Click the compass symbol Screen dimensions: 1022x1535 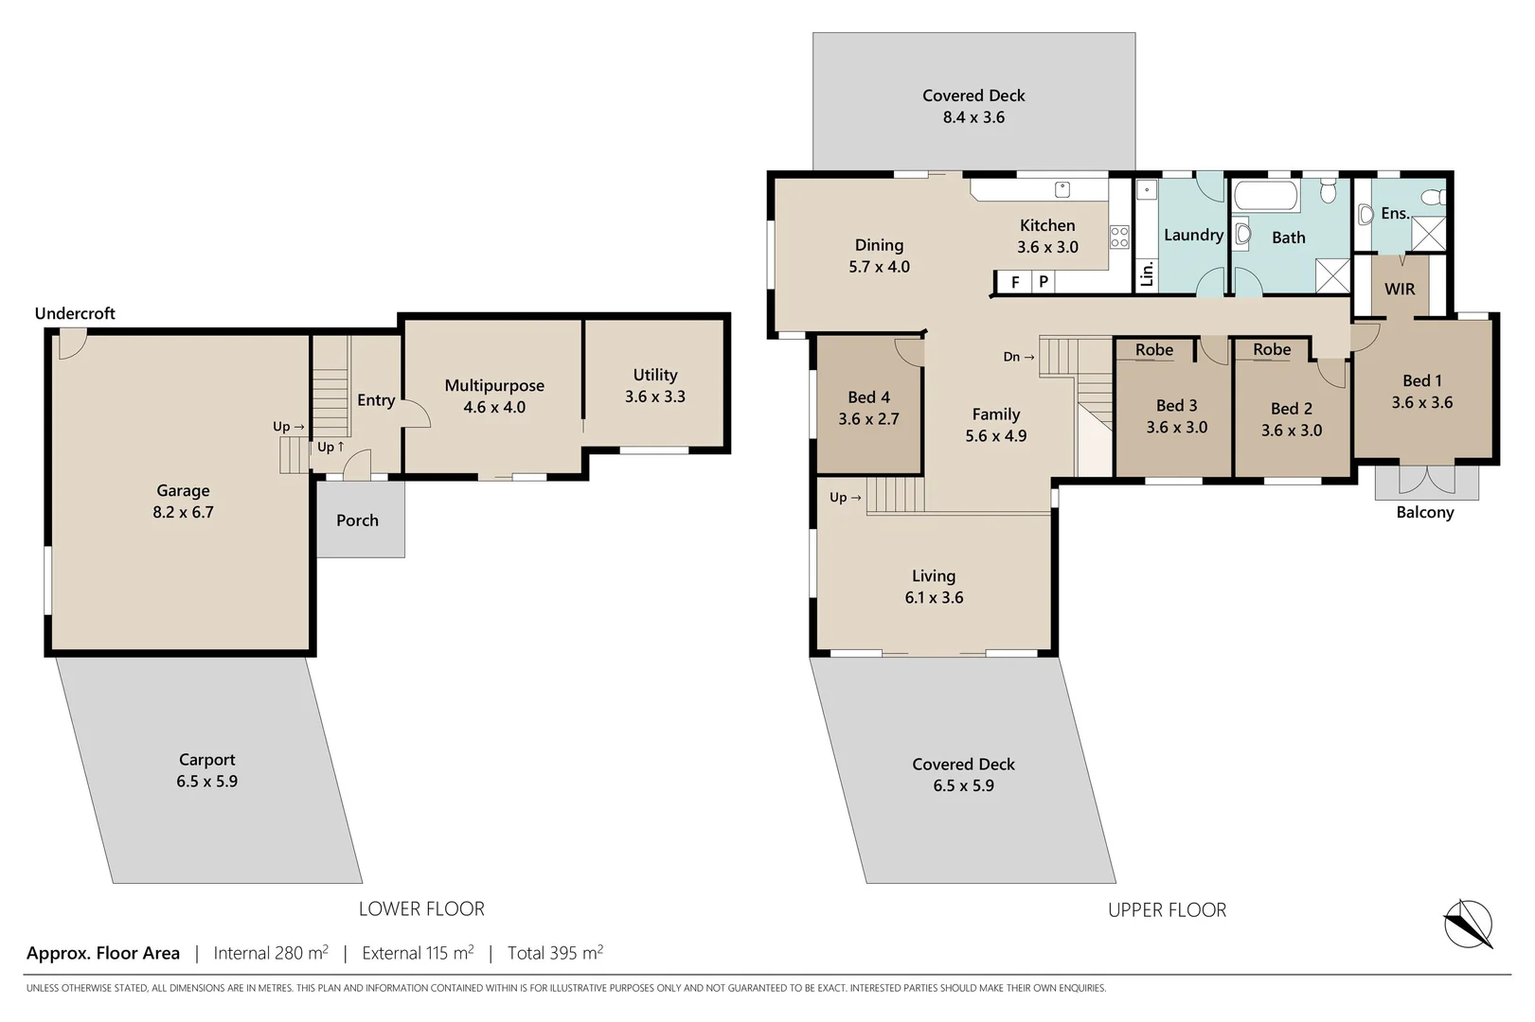click(x=1468, y=924)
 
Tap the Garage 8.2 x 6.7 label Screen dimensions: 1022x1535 click(x=183, y=502)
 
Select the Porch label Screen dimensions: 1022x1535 click(x=357, y=520)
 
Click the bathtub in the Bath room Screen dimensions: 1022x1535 click(x=1265, y=197)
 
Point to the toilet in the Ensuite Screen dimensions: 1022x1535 click(x=1435, y=197)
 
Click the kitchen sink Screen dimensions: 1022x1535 click(x=1062, y=189)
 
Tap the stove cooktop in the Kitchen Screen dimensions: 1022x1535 click(x=1119, y=237)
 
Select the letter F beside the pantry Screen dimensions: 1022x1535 click(x=1015, y=282)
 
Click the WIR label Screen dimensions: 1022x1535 click(x=1400, y=289)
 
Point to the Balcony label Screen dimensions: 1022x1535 click(x=1424, y=512)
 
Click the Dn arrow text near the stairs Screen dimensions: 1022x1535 click(x=1019, y=357)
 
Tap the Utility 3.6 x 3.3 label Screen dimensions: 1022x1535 click(x=654, y=386)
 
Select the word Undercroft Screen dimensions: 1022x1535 click(x=75, y=313)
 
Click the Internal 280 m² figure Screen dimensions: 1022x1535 click(x=271, y=953)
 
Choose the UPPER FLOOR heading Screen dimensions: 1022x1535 click(x=1167, y=910)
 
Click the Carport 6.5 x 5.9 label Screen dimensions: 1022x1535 click(x=206, y=770)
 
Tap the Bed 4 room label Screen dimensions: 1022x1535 click(x=868, y=408)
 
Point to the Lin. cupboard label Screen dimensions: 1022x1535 click(x=1147, y=273)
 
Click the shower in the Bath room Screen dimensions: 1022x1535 click(x=1332, y=275)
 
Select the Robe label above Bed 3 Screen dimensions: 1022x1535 click(x=1153, y=350)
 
